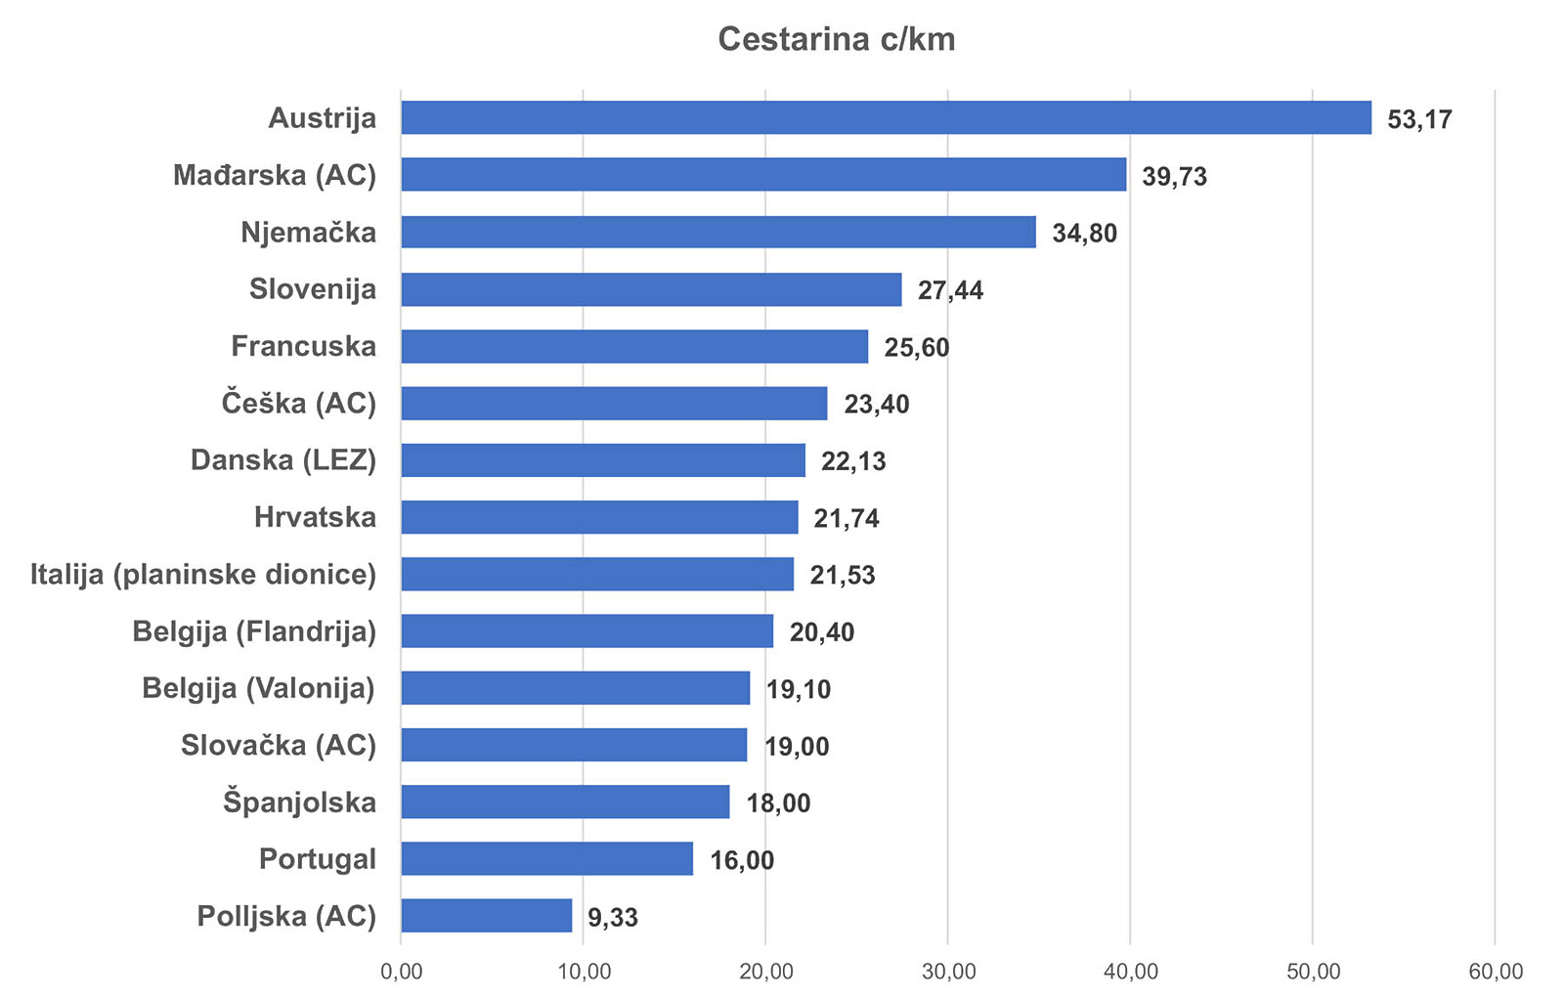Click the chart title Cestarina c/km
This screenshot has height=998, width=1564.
point(836,39)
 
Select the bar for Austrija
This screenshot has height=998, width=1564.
point(885,117)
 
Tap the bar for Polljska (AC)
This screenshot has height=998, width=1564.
point(486,916)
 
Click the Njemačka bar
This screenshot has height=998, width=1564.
point(717,233)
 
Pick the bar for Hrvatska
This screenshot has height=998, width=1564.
point(599,517)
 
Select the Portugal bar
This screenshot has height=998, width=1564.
point(546,859)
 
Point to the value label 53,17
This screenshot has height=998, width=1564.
point(1419,119)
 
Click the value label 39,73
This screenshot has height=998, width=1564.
point(1174,177)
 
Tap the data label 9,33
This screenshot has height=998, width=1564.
point(613,918)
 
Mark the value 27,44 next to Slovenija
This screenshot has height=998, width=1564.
point(950,290)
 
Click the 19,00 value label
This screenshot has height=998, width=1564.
point(797,747)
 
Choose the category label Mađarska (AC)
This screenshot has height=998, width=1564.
point(275,175)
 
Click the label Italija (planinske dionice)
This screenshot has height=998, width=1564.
point(203,574)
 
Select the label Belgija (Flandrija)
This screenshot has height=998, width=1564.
point(254,631)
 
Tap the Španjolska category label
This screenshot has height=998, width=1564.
point(299,803)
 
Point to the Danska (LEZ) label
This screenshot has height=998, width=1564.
point(283,460)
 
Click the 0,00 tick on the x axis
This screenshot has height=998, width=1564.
point(401,972)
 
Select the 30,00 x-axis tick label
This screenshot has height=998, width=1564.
point(948,972)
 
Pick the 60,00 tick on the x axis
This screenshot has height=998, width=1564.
point(1496,972)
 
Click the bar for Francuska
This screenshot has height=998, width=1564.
point(633,346)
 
